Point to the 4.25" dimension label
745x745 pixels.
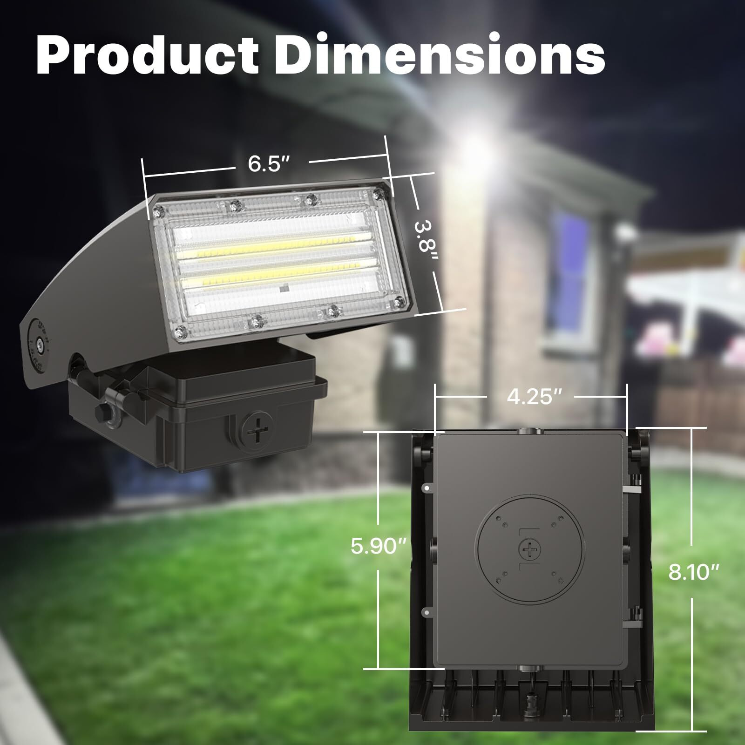[x=530, y=398]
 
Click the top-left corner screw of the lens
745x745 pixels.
[x=160, y=212]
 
